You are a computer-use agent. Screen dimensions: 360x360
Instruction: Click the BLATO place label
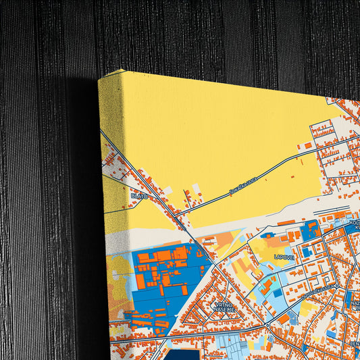tap(138, 196)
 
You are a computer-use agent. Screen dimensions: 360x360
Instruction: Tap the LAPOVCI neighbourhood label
tap(284, 257)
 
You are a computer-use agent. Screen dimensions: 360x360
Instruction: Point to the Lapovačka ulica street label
tap(317, 286)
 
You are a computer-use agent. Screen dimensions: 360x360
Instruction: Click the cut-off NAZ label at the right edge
tap(355, 306)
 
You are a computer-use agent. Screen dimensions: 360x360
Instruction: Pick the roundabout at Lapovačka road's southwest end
tap(267, 324)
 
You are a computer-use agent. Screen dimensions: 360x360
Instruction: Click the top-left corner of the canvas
tap(99, 80)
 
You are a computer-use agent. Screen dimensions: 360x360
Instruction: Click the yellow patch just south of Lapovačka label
tap(307, 307)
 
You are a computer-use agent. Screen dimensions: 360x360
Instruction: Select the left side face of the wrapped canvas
tap(108, 203)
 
